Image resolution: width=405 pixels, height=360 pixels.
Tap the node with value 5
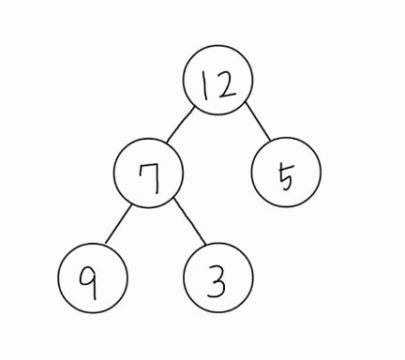[286, 173]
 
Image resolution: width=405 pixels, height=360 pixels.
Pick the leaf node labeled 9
[92, 280]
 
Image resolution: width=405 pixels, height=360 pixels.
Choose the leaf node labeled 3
[217, 280]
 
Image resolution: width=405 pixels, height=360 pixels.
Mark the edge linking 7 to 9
[118, 226]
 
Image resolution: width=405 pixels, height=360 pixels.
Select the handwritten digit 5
[287, 174]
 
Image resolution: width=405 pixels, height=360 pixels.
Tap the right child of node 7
[217, 280]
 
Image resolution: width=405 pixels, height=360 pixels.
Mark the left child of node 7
[92, 280]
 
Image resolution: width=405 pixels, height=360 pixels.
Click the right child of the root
[286, 173]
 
